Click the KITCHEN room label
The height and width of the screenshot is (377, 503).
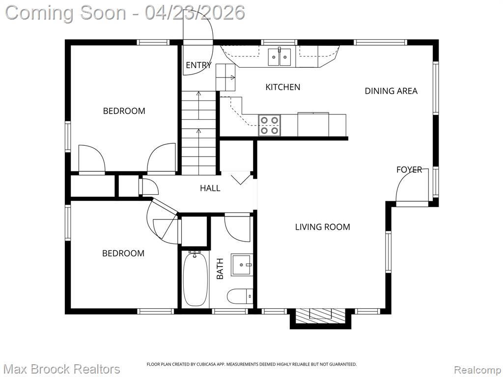tap(282, 87)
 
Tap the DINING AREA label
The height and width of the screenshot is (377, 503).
tap(391, 91)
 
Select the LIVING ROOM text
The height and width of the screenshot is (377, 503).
tap(322, 227)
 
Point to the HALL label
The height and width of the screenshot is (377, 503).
tap(210, 188)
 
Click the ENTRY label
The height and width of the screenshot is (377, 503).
tap(198, 65)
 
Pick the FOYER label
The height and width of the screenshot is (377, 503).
tap(409, 169)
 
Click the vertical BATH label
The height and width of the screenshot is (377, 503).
tap(220, 269)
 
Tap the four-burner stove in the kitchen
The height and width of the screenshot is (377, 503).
tap(269, 125)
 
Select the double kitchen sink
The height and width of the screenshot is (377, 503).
tap(279, 57)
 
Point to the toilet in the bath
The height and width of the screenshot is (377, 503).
tap(240, 296)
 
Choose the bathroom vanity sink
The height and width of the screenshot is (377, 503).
tap(242, 265)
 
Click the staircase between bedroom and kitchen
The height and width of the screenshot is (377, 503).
tap(199, 133)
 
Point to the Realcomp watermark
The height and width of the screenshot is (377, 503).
tap(477, 370)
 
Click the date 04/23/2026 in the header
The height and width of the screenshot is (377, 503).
tap(195, 13)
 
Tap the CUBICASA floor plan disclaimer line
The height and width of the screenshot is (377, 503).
tap(251, 364)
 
